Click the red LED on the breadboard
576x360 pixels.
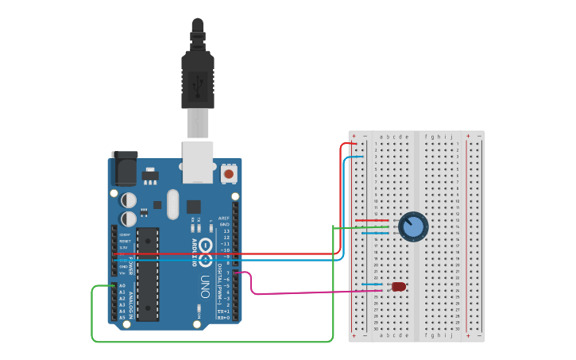(x=399, y=286)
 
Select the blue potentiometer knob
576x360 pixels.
(x=413, y=226)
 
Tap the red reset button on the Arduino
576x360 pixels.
(x=229, y=173)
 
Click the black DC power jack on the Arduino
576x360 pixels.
(x=124, y=168)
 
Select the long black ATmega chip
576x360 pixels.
(x=148, y=274)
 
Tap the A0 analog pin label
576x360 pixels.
(x=122, y=285)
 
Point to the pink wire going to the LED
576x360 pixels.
(x=318, y=292)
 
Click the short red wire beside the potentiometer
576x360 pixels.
(x=371, y=220)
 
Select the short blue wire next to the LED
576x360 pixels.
(x=372, y=284)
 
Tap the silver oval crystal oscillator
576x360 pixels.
(x=173, y=203)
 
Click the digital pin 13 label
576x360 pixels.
(x=226, y=230)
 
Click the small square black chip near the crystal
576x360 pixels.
(x=194, y=207)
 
